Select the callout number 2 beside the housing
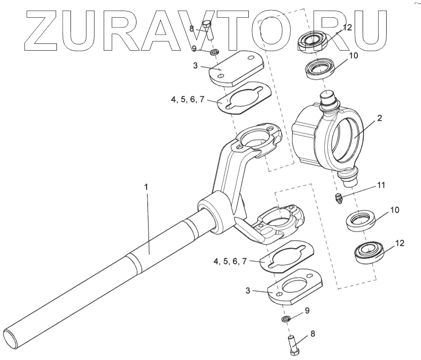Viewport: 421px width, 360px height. tap(380, 118)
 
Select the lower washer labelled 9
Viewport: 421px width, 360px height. tap(285, 320)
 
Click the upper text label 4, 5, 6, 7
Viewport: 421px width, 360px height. tap(188, 100)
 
